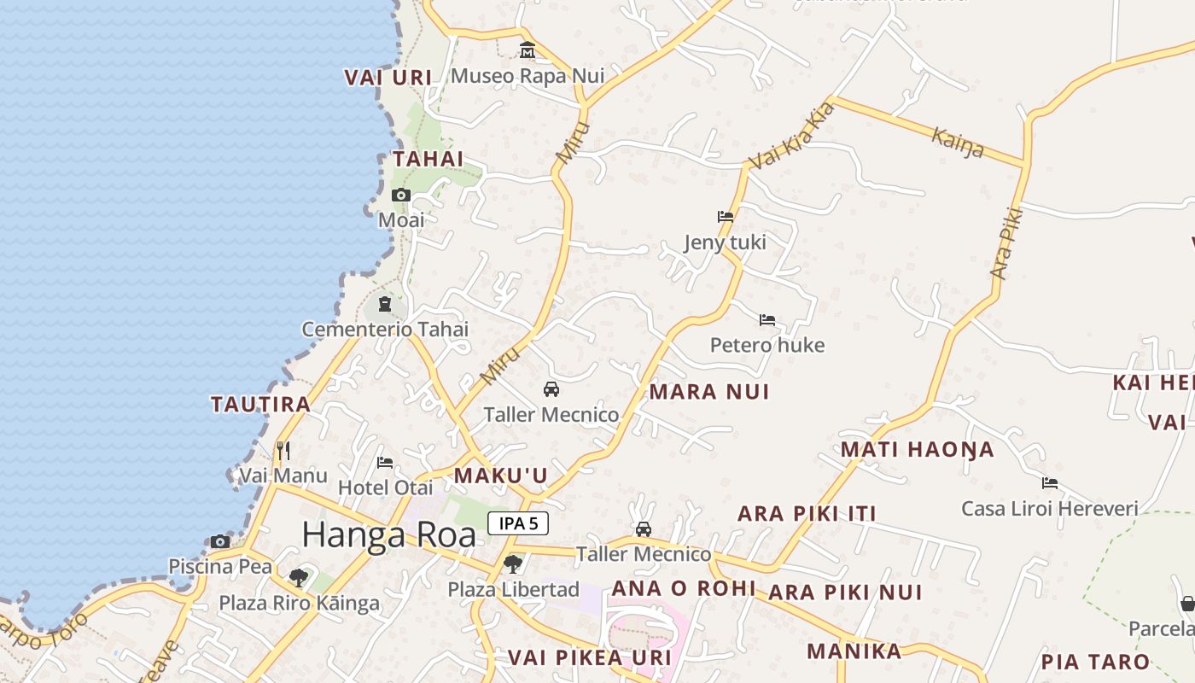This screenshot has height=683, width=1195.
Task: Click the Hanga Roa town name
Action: pos(388,535)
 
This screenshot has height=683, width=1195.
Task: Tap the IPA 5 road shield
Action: pos(518,523)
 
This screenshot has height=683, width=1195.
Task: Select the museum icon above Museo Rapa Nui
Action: pos(528,50)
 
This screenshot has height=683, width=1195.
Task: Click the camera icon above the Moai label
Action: pos(400,196)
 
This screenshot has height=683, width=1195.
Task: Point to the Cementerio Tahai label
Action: pos(385,330)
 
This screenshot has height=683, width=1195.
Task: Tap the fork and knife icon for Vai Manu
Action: pos(283,450)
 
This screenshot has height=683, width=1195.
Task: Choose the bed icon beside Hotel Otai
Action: pos(385,463)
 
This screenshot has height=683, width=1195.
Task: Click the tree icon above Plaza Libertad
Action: pos(512,563)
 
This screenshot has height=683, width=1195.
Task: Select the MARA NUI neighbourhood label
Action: pos(709,392)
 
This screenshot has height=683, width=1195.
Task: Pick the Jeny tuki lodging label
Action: pos(725,242)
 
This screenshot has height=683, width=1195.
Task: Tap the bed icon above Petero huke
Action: pos(767,320)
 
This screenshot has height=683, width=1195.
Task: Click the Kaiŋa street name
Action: pos(958,143)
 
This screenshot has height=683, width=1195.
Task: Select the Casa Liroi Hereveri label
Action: pos(1049,509)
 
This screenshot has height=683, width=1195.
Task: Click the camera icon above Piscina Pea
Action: pos(220,541)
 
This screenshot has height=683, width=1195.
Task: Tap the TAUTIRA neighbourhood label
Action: pos(260,405)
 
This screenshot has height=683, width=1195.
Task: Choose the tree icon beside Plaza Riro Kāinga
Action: pos(298,578)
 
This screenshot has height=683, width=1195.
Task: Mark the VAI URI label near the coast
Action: pos(388,78)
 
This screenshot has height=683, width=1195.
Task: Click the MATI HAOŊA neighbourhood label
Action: pos(918,450)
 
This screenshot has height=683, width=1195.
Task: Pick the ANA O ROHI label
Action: pos(684,588)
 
